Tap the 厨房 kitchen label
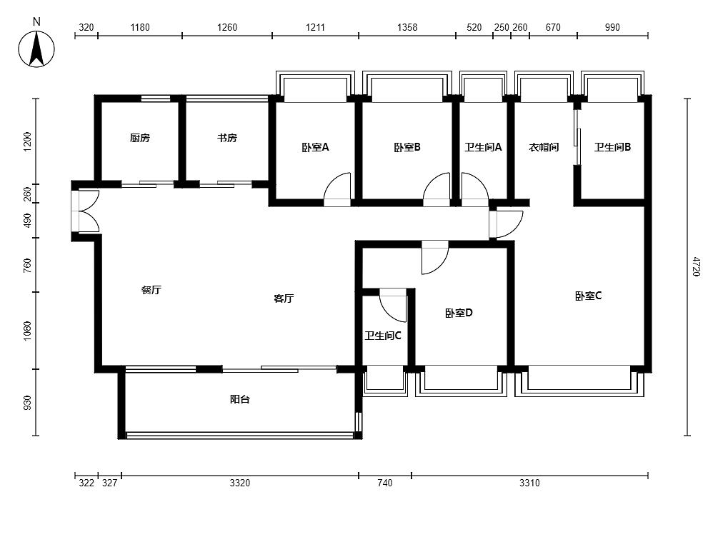(x=140, y=138)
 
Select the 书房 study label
(x=227, y=138)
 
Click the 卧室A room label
(x=315, y=148)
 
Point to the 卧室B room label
(x=407, y=148)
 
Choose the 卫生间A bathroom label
(x=483, y=148)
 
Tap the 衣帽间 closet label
(x=544, y=148)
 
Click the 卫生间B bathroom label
(x=613, y=148)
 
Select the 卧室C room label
(x=589, y=296)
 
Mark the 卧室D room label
(x=459, y=313)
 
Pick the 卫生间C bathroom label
(x=383, y=336)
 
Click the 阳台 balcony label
(x=240, y=399)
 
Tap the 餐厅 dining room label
(x=151, y=290)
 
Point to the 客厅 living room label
(x=284, y=298)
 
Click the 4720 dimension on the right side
(x=697, y=267)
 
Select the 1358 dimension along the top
(x=407, y=28)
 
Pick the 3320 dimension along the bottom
(x=240, y=483)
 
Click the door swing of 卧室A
(x=337, y=189)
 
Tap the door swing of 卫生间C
(x=392, y=305)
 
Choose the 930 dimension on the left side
(x=28, y=403)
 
